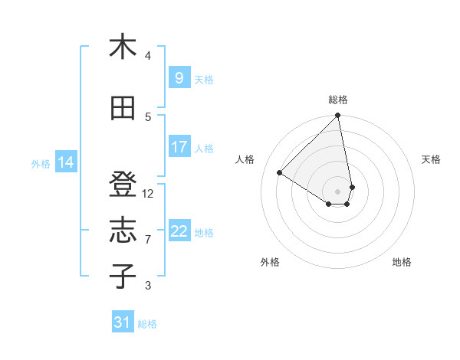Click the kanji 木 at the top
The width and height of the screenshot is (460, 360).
point(123,47)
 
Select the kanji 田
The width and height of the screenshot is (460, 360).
point(123,108)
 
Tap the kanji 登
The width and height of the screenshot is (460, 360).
point(123,185)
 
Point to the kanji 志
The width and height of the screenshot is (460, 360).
point(123,231)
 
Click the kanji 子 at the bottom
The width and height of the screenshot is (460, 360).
point(123,277)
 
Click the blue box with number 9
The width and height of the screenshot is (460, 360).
point(179,78)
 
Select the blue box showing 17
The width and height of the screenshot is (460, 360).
point(179,147)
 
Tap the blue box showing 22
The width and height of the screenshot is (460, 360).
point(179,231)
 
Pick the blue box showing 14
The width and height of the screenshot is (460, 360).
point(66,162)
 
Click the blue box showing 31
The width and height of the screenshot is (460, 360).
point(122,322)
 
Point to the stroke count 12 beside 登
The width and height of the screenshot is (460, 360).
point(148,194)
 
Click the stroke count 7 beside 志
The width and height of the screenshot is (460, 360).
point(148,240)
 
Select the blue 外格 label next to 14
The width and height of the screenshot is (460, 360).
point(41,163)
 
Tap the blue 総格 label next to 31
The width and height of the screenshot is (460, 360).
point(147,324)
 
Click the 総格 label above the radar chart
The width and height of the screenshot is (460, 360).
point(338,100)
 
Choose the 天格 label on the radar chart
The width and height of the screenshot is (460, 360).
point(432,159)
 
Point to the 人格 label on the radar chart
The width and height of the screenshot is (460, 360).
point(245,159)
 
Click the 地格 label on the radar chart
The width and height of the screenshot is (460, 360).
point(402,262)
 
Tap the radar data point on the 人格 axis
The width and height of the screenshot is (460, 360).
point(280,172)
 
